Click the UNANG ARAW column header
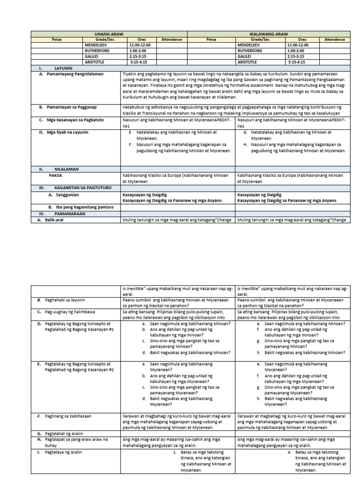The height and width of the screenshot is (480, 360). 109,34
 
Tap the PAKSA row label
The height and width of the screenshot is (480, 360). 55,175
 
